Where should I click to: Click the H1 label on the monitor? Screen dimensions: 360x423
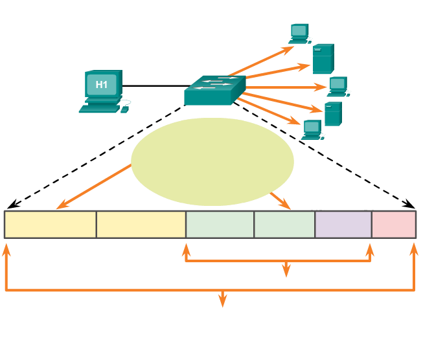click(102, 85)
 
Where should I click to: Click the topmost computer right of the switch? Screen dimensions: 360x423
click(299, 32)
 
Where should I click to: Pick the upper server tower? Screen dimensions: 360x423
click(323, 58)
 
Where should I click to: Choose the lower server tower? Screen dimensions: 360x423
click(332, 114)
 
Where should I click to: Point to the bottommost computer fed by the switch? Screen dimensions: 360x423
click(312, 129)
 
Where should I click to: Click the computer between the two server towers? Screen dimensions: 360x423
click(337, 87)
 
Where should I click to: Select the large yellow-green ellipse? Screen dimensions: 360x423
click(212, 161)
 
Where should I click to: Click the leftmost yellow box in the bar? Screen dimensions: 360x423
click(51, 224)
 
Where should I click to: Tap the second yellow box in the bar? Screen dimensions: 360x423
click(141, 224)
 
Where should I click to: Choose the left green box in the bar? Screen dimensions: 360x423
click(220, 224)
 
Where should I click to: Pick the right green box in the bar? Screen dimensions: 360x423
click(284, 224)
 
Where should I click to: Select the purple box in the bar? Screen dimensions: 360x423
click(343, 224)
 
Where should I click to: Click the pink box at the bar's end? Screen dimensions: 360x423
click(393, 224)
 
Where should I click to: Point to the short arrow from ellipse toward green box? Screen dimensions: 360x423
click(280, 200)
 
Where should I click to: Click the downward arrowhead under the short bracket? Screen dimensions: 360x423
click(286, 271)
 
